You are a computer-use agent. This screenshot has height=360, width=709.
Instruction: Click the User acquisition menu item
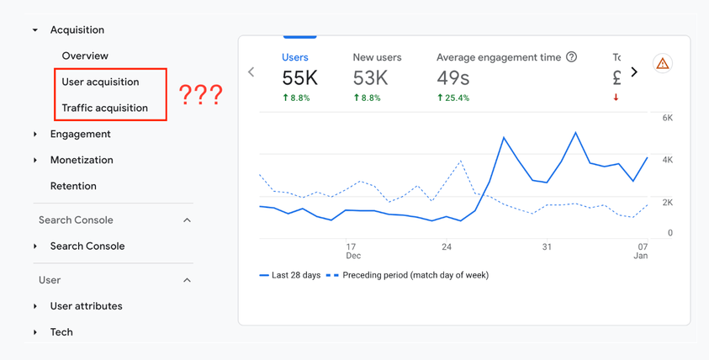click(100, 82)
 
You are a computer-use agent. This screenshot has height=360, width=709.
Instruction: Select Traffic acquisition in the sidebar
click(104, 108)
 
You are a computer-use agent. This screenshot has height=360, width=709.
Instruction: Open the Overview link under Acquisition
click(85, 56)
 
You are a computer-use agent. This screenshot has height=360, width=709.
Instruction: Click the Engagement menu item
click(80, 134)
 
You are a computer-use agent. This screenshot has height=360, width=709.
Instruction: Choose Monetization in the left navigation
click(82, 160)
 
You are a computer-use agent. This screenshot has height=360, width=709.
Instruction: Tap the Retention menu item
click(73, 186)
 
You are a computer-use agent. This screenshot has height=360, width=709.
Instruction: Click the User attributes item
click(86, 306)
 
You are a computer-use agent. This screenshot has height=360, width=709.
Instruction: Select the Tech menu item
click(61, 332)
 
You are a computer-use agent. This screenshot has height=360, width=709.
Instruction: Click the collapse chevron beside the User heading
click(187, 280)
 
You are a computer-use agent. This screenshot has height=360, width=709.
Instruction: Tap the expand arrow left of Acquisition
click(35, 30)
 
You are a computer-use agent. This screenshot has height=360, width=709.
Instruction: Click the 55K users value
click(299, 78)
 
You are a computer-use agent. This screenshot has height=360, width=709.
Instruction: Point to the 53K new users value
click(370, 78)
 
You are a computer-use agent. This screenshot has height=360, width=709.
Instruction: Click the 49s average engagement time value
click(452, 78)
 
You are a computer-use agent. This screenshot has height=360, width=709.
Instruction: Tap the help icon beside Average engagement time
click(572, 57)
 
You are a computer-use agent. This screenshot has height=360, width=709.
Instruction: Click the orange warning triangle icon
click(663, 64)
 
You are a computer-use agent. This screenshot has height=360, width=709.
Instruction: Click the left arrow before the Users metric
click(251, 72)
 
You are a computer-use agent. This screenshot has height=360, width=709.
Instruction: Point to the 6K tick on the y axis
click(667, 118)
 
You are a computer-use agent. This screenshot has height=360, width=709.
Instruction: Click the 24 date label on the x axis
click(447, 246)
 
